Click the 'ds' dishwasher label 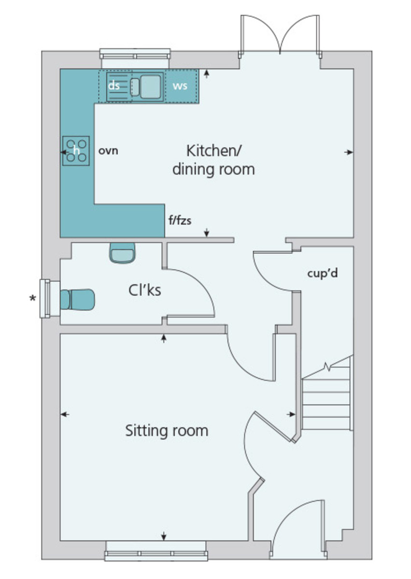pos(114,85)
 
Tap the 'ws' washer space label pos(180,86)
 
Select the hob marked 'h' pos(76,150)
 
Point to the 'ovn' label pos(108,151)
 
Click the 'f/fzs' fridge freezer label pos(179,221)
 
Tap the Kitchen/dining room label pos(213,160)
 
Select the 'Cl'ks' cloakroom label pos(144,290)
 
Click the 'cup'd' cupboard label pos(322,273)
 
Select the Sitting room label pos(167,430)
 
